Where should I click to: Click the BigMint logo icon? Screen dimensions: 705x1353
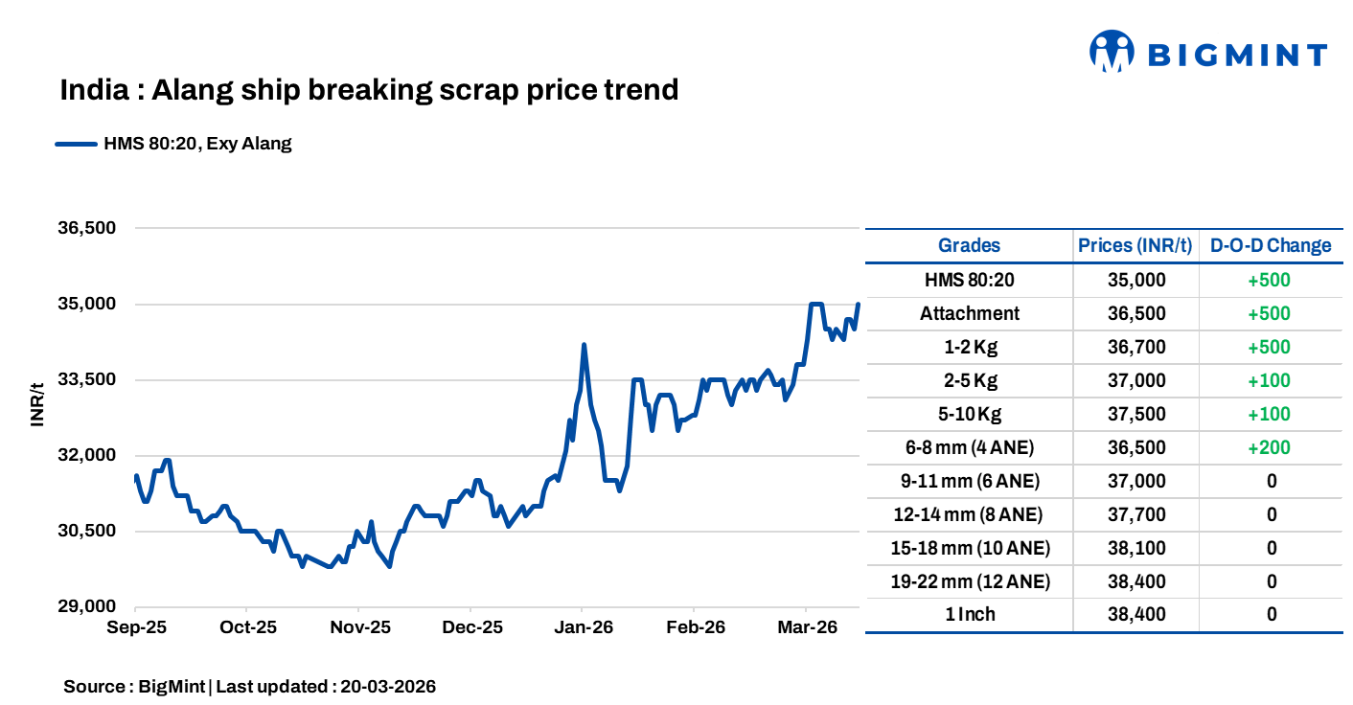(x=1112, y=52)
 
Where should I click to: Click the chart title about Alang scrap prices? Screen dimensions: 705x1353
(x=369, y=90)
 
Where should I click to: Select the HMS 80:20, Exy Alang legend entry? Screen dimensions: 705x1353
(x=173, y=145)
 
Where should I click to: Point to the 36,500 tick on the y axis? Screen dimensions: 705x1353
(x=87, y=229)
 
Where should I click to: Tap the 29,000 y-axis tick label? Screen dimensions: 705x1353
(x=87, y=606)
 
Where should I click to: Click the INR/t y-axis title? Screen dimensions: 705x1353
(x=37, y=404)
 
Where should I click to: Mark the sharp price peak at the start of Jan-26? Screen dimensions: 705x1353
(x=584, y=345)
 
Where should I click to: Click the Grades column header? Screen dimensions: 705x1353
(x=969, y=245)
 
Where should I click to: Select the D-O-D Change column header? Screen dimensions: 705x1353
(x=1271, y=245)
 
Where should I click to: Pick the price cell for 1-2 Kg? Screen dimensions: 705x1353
(x=1135, y=347)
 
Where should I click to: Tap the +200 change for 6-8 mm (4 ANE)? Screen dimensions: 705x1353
(x=1271, y=447)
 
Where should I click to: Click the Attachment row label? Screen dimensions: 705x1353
(x=969, y=313)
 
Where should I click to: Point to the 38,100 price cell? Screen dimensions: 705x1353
(x=1135, y=548)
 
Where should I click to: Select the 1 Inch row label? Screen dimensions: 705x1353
(x=969, y=615)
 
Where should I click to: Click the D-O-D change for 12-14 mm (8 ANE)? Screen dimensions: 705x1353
(x=1271, y=514)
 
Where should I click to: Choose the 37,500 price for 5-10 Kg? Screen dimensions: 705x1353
(x=1135, y=414)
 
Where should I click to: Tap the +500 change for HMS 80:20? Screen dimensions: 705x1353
(x=1271, y=280)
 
